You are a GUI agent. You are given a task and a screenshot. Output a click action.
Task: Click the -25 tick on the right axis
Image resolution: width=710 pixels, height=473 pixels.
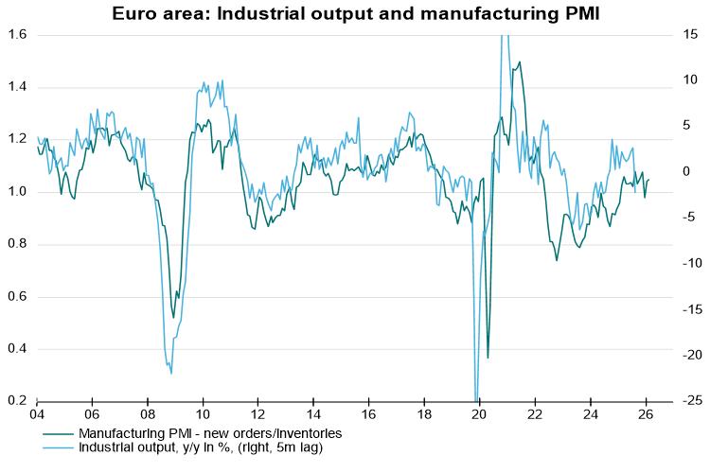coord(691,401)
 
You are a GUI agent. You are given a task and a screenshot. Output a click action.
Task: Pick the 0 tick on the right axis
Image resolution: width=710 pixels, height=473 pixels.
coord(690,171)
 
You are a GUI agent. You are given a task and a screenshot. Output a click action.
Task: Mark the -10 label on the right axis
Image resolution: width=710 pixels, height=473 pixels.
coord(691,263)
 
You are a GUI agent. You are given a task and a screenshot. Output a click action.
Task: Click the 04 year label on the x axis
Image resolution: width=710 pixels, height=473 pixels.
coord(36,414)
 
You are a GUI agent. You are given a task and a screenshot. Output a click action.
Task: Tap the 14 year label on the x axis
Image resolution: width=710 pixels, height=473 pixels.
coord(313,414)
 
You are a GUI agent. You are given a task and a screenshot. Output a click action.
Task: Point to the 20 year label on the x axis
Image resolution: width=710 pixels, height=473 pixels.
coord(479,414)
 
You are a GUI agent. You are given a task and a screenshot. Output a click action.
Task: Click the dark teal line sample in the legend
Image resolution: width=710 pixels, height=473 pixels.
coord(59,432)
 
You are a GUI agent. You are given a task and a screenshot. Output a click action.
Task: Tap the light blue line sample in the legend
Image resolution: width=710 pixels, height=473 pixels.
coord(59,447)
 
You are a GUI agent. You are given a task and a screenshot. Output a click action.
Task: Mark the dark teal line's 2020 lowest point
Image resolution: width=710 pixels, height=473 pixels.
coord(488,358)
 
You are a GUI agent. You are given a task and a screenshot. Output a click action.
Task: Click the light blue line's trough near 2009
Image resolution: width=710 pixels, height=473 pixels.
coord(171,373)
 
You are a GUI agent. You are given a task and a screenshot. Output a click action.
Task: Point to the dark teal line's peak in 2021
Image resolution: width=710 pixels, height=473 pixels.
coord(519,62)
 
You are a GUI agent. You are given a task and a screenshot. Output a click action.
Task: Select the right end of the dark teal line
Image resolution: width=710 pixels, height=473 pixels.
coord(649,180)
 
